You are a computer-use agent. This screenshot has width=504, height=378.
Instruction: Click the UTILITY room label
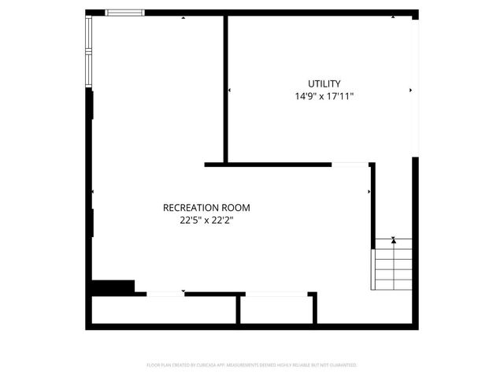click(x=324, y=83)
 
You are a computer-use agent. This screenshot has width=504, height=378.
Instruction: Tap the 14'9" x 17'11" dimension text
click(x=324, y=97)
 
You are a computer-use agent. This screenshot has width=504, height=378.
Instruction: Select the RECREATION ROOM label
click(x=206, y=208)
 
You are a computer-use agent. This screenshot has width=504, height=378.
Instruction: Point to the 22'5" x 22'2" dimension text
click(x=206, y=221)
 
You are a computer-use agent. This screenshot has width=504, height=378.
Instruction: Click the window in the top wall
click(x=124, y=13)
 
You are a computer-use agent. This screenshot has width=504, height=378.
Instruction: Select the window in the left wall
click(x=89, y=50)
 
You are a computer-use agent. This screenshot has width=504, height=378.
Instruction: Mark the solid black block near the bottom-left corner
click(x=113, y=287)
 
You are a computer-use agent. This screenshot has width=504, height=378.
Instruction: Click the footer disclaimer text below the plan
click(x=252, y=365)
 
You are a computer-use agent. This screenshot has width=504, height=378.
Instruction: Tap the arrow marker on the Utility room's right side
click(x=410, y=91)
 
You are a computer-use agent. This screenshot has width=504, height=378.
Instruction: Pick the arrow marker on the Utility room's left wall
click(x=229, y=91)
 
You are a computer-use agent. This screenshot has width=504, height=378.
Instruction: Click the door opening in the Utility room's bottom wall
click(x=350, y=165)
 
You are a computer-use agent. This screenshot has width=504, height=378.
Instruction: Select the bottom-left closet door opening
click(x=165, y=294)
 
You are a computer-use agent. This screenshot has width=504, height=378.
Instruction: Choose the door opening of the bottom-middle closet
click(x=276, y=294)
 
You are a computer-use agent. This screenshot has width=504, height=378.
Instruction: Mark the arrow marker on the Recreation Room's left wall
click(x=93, y=192)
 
